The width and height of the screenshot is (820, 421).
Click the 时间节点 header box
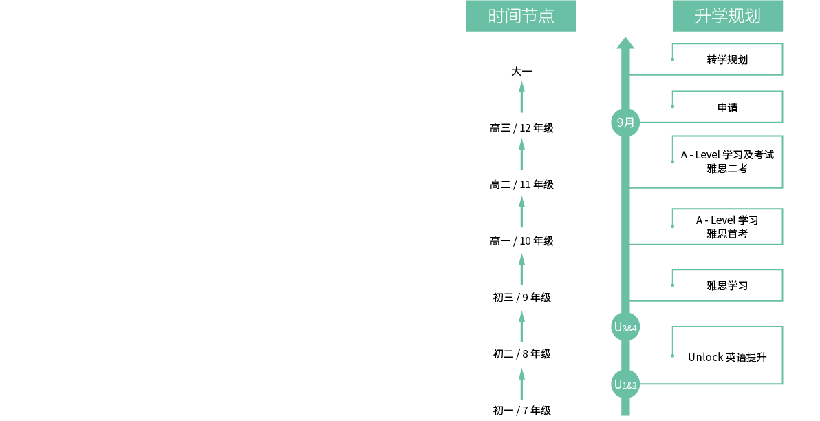521,16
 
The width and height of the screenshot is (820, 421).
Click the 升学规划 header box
727,16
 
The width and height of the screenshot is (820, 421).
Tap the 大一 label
521,71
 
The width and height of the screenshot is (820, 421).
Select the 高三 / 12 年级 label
521,127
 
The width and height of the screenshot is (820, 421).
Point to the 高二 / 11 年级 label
521,185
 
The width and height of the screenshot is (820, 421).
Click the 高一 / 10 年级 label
521,241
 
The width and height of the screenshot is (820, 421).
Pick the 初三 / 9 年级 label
521,298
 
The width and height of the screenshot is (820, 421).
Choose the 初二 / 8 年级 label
521,354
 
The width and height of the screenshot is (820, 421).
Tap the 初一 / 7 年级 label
521,411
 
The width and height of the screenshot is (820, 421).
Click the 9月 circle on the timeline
625,123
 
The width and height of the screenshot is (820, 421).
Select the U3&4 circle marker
625,327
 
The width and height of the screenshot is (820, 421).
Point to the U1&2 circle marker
625,384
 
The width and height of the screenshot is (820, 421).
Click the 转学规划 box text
727,60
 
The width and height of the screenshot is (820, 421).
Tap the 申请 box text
727,108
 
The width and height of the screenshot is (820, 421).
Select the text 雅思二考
727,169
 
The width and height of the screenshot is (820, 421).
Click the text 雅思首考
727,234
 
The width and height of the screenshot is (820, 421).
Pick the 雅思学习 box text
727,286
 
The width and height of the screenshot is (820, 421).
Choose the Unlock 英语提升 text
727,357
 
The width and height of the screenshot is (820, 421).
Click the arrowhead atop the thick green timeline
625,43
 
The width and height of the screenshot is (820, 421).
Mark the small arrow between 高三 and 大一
521,97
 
